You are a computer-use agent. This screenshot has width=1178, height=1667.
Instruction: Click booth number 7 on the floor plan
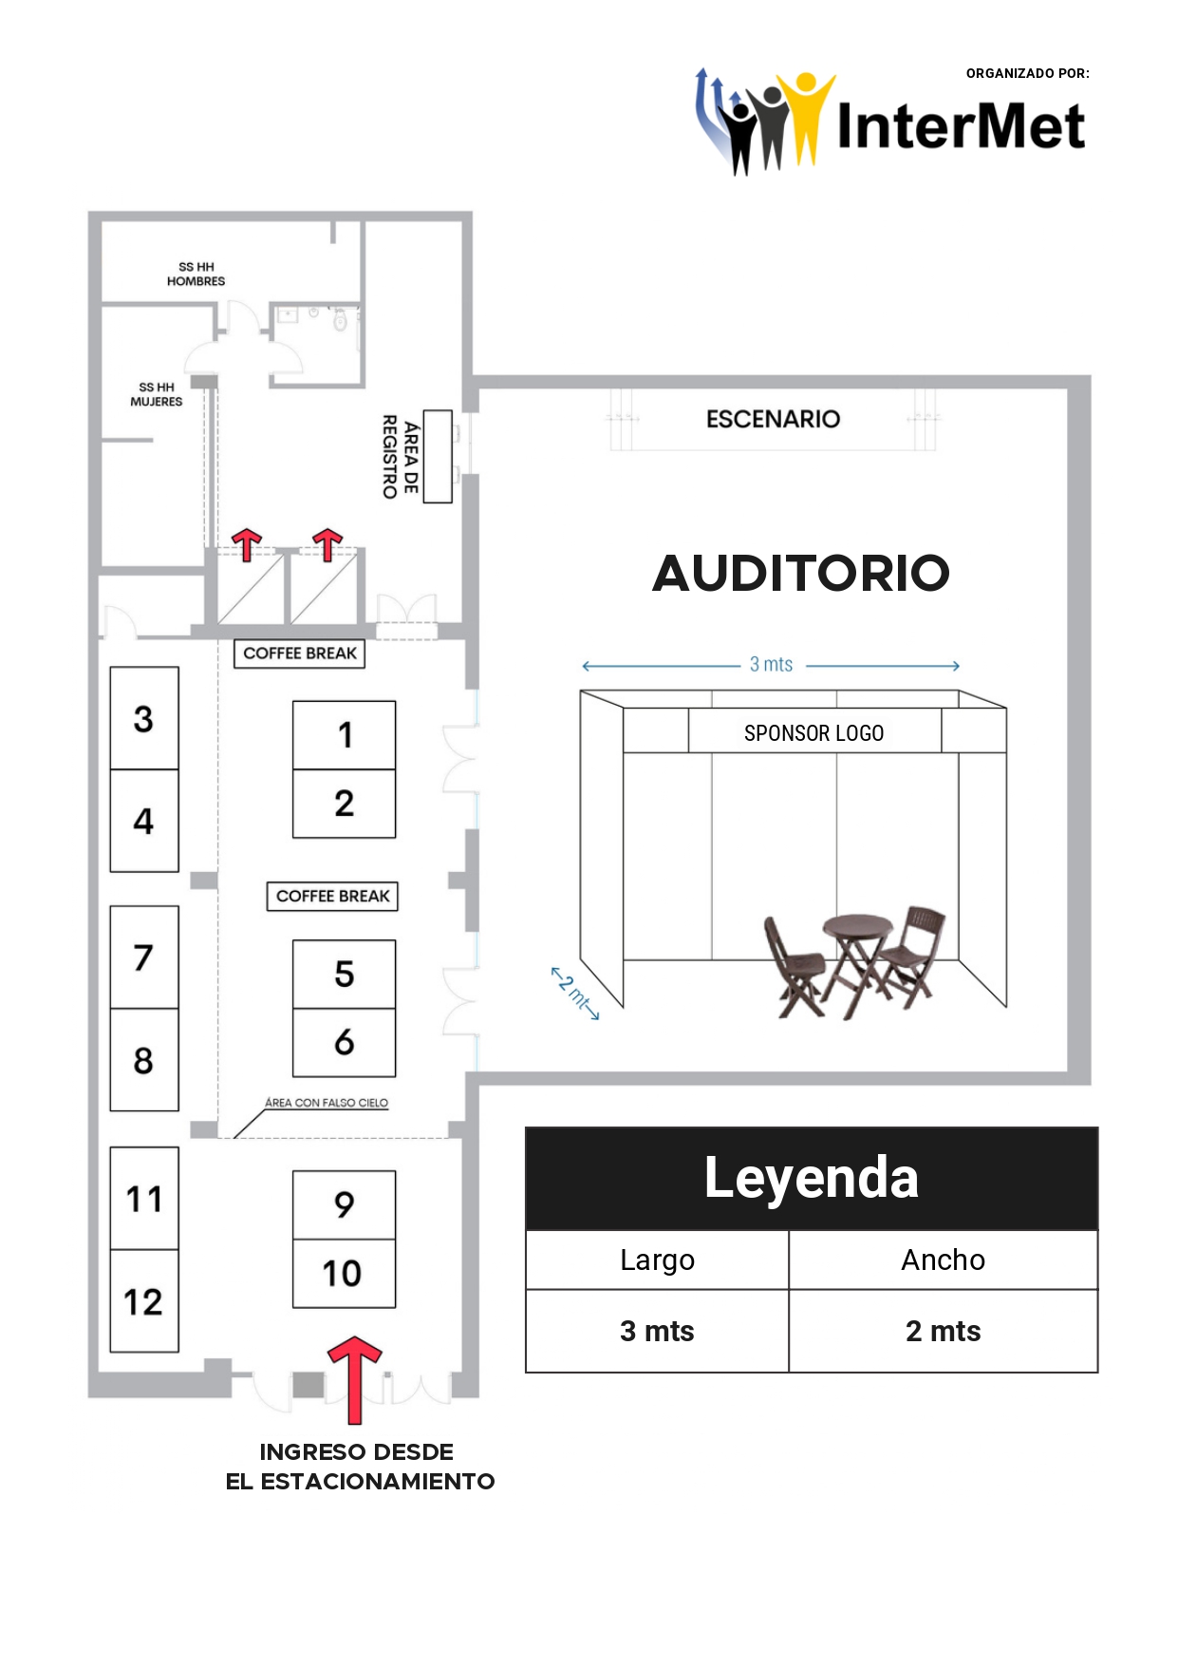coord(144,957)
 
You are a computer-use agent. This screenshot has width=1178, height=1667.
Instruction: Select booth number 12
coord(144,1300)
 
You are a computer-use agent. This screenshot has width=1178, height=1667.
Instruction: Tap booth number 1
coord(344,734)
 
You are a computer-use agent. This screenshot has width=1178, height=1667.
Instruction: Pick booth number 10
coord(344,1273)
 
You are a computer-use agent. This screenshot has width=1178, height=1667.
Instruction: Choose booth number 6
coord(344,1042)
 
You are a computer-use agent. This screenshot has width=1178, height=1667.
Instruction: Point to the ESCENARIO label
coord(773,419)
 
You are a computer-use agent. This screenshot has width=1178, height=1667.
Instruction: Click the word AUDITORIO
coord(800,573)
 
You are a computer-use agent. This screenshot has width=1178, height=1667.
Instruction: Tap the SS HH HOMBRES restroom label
coord(196,275)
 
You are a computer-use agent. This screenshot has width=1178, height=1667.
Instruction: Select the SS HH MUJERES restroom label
coord(157,394)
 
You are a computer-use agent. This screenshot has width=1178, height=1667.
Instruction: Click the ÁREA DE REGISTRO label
coord(400,457)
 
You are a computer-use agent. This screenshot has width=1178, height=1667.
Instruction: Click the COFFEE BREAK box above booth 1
coord(299,654)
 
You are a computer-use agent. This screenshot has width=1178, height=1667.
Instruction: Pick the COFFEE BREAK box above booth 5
coord(332,896)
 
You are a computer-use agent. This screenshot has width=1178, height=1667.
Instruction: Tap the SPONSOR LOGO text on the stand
coord(813,733)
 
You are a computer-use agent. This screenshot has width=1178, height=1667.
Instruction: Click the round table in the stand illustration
coord(858,927)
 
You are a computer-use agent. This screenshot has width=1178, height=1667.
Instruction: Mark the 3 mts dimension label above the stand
coord(771,665)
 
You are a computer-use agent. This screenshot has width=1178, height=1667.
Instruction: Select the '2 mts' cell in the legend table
coord(943,1331)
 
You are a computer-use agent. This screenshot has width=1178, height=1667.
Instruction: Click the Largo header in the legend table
coord(657,1260)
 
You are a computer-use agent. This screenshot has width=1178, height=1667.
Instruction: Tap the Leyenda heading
coord(812,1178)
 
